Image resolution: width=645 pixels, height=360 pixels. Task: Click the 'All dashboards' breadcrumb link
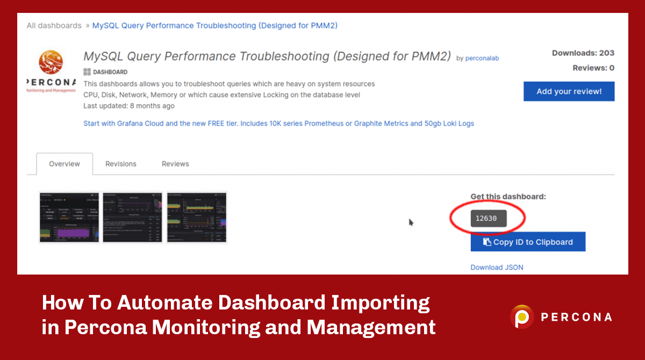click(x=54, y=25)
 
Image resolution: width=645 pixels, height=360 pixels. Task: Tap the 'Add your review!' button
click(x=569, y=91)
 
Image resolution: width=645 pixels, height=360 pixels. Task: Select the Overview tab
click(x=64, y=164)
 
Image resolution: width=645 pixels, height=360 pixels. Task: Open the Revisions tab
click(x=121, y=164)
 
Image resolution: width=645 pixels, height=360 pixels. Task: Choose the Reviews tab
click(x=175, y=164)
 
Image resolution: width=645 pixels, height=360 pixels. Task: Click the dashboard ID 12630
click(x=486, y=218)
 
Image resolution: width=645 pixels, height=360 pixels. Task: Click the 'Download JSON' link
click(x=497, y=267)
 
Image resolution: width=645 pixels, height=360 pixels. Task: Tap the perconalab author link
click(x=482, y=58)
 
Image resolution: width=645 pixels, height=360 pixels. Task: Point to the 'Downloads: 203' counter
click(x=583, y=53)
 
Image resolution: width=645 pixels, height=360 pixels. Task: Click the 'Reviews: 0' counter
click(x=593, y=68)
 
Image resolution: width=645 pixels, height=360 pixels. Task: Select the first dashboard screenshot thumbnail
click(x=69, y=217)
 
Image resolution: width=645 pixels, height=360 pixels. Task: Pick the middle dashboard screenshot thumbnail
click(x=132, y=217)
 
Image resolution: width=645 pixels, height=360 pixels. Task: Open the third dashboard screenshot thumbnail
click(x=197, y=217)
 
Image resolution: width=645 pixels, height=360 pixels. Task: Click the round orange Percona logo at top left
click(x=51, y=62)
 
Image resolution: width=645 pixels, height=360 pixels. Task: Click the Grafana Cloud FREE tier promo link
click(x=278, y=123)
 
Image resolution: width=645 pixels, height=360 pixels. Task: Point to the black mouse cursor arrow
click(x=411, y=222)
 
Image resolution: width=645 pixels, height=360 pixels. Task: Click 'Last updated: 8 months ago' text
click(x=129, y=106)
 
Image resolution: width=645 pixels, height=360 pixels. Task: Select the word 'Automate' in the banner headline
click(x=165, y=303)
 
